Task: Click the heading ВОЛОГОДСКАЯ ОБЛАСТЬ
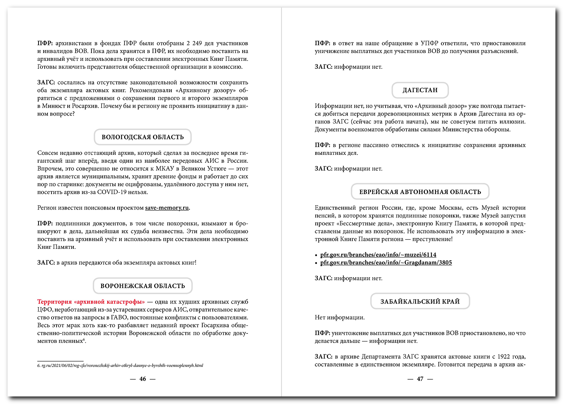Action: pyautogui.click(x=143, y=137)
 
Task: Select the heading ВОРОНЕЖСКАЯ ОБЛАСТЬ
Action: pyautogui.click(x=143, y=286)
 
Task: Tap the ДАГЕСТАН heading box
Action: pyautogui.click(x=420, y=90)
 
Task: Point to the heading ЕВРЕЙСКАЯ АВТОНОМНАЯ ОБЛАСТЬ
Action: pyautogui.click(x=420, y=192)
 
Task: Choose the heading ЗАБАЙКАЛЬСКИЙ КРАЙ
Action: pyautogui.click(x=420, y=302)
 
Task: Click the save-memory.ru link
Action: pyautogui.click(x=167, y=208)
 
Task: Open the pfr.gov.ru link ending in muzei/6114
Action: pyautogui.click(x=378, y=255)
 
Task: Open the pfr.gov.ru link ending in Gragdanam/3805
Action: pyautogui.click(x=386, y=263)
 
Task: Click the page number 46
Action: pyautogui.click(x=143, y=379)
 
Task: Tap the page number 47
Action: pyautogui.click(x=420, y=379)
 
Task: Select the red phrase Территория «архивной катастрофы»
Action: pyautogui.click(x=91, y=302)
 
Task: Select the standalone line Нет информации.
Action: pyautogui.click(x=339, y=318)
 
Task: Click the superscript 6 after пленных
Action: pyautogui.click(x=84, y=340)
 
